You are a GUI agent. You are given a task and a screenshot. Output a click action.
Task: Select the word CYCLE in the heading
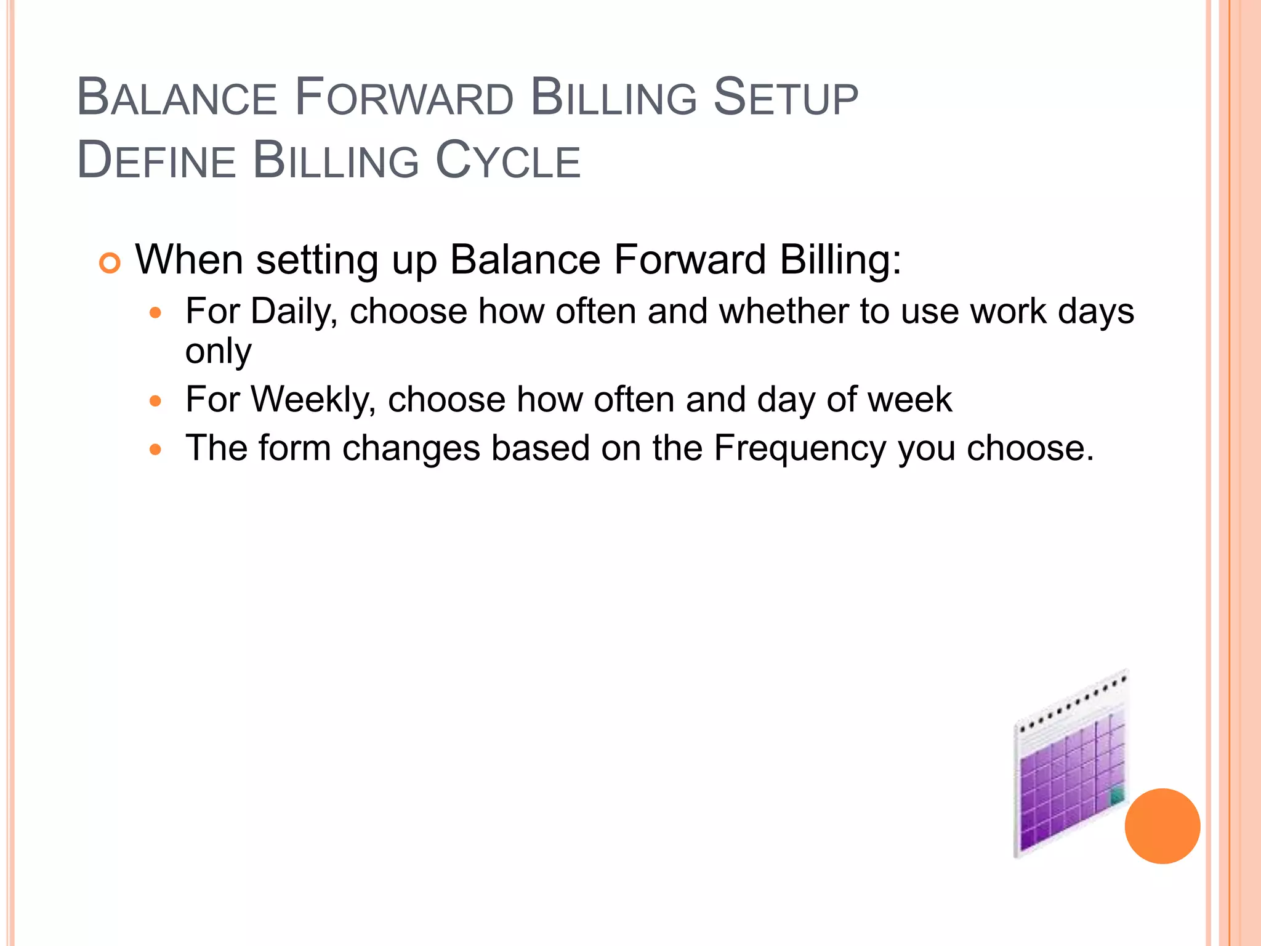[508, 161]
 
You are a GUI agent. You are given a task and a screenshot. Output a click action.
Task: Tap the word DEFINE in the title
[156, 161]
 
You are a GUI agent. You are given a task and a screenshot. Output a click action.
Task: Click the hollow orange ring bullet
[110, 264]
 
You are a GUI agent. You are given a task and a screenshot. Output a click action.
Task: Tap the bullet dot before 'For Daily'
[156, 313]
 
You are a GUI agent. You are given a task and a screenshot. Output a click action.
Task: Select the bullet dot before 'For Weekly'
[156, 402]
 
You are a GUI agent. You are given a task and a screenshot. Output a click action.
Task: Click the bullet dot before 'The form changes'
[156, 450]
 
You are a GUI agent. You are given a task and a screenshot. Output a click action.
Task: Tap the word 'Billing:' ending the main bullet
[840, 260]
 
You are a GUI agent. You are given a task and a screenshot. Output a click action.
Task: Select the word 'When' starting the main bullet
[189, 260]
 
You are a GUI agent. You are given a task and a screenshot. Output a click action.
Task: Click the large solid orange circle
[1162, 826]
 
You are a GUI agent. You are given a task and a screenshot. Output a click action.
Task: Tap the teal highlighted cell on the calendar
[1116, 796]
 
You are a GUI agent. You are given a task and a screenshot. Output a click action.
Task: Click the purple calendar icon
[1070, 776]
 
